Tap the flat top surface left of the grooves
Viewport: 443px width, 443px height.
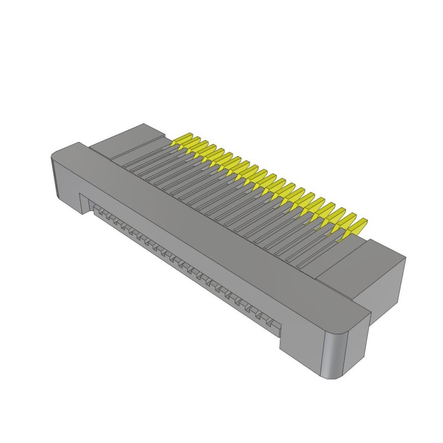[127, 141]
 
